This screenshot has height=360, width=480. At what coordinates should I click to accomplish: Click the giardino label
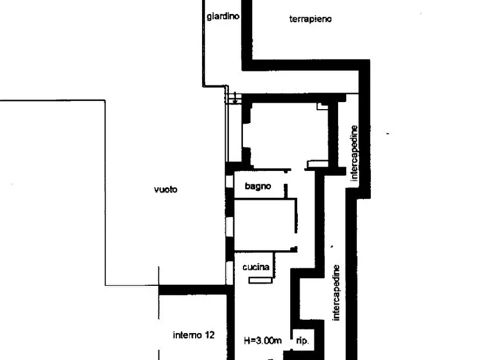(223, 16)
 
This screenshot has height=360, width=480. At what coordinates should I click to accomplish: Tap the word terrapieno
(310, 19)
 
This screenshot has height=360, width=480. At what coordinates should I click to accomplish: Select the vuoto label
(165, 189)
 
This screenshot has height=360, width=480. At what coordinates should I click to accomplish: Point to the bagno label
(258, 186)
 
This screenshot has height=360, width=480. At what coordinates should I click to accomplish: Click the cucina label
(256, 267)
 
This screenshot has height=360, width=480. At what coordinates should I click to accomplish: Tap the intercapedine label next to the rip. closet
(336, 292)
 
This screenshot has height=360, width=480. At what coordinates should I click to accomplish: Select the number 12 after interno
(210, 335)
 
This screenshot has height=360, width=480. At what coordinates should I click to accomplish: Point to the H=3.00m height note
(263, 340)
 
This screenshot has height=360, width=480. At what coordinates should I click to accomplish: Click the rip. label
(303, 341)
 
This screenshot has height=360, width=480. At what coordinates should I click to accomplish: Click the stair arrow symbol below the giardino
(235, 98)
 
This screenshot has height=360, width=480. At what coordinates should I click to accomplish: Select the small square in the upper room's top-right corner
(322, 107)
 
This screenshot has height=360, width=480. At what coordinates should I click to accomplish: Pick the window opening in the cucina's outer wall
(230, 271)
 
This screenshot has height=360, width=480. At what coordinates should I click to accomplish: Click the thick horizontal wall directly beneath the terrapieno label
(306, 65)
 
